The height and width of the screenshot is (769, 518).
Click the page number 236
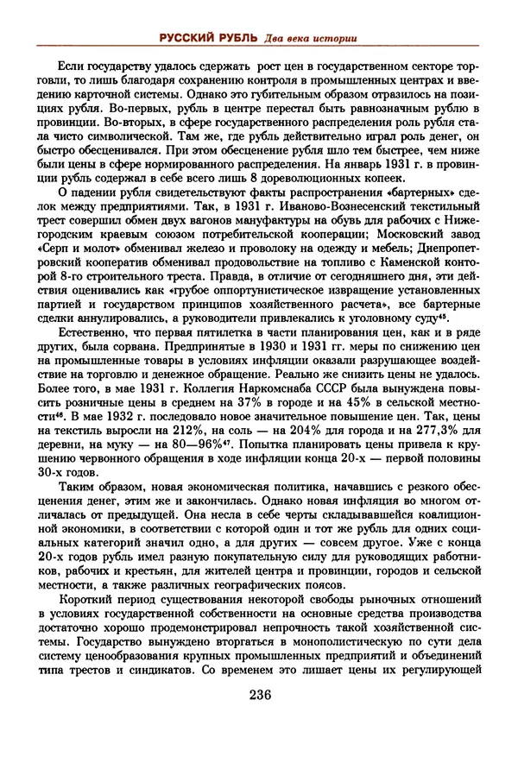coord(260,696)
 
